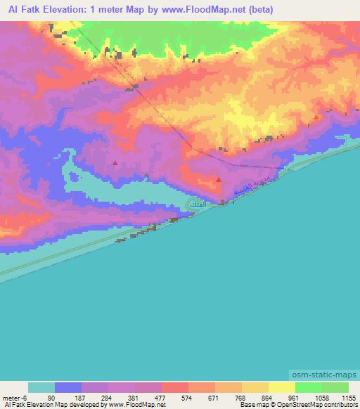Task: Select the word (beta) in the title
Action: [x=259, y=9]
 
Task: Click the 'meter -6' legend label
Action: [x=14, y=398]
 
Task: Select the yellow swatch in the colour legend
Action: [x=281, y=387]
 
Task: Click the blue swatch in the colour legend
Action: [x=68, y=387]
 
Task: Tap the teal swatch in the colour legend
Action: [x=41, y=387]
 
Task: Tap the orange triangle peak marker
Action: [x=316, y=117]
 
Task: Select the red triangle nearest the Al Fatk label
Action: [x=219, y=180]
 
